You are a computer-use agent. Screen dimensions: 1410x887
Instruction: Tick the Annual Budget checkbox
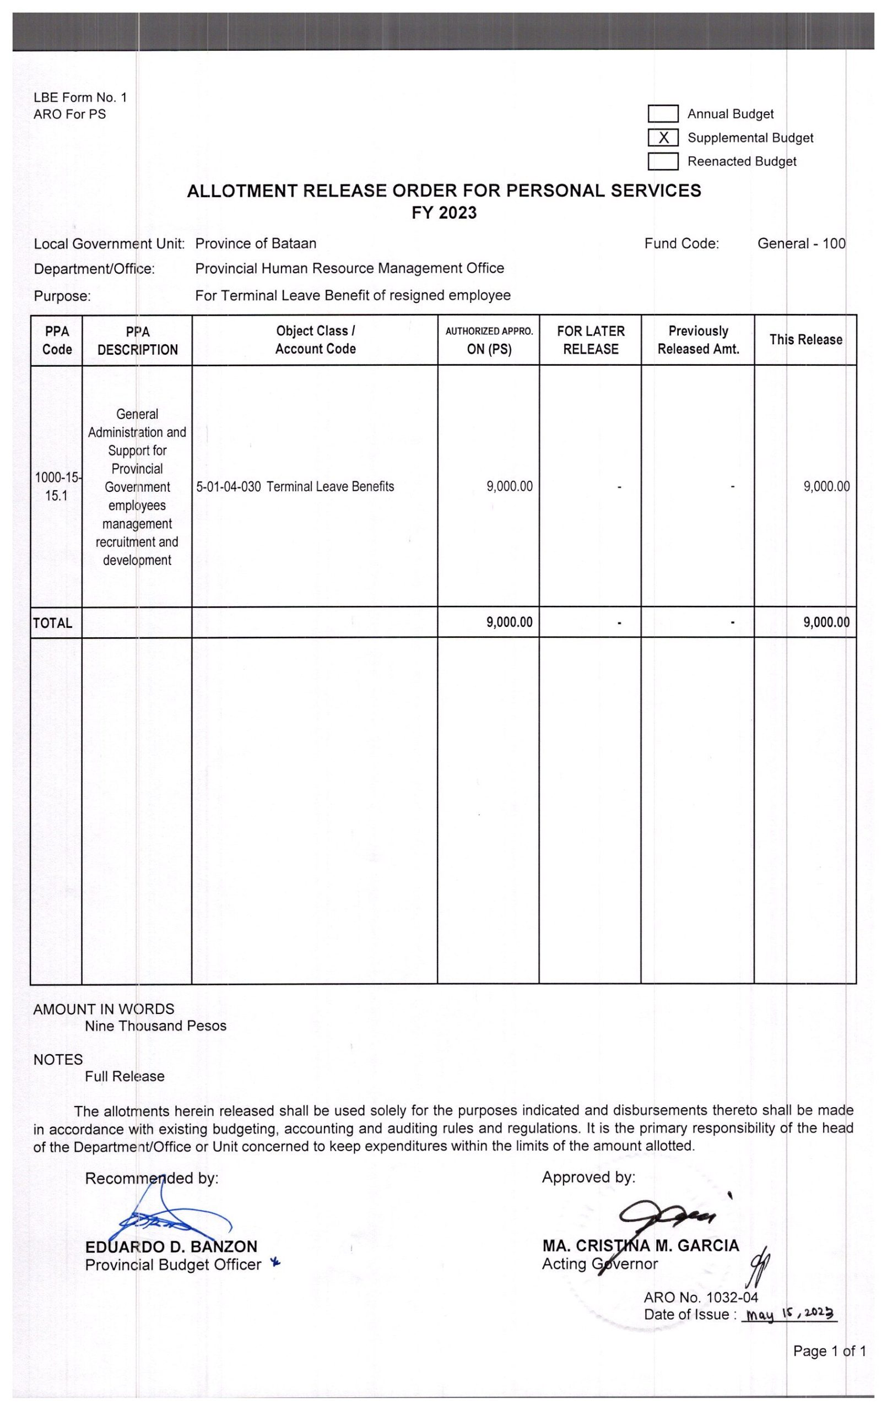click(663, 113)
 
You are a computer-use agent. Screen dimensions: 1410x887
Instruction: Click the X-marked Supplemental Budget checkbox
click(663, 138)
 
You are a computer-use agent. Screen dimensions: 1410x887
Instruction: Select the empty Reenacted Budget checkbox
click(663, 161)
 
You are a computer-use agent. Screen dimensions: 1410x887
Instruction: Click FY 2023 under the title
click(443, 213)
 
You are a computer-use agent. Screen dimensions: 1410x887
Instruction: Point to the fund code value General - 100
click(801, 243)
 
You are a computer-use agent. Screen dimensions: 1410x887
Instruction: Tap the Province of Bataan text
click(256, 243)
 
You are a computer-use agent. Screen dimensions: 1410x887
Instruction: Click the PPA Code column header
click(57, 340)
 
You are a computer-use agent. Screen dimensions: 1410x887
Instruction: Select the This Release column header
click(805, 340)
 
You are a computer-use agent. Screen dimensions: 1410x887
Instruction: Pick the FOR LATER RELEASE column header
click(591, 340)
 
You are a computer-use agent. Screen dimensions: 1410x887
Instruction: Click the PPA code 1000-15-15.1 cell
click(57, 486)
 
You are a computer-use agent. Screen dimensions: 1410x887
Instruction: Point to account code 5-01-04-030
click(229, 486)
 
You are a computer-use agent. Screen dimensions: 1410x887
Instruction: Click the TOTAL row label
click(53, 623)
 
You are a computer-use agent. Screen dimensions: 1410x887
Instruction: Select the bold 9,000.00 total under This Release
click(826, 622)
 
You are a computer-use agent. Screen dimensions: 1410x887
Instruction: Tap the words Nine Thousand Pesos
click(155, 1026)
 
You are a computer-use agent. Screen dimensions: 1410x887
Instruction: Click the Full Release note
click(124, 1076)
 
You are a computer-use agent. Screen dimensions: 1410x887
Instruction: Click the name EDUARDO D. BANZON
click(171, 1247)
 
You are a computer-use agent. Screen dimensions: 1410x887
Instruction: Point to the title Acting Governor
click(599, 1264)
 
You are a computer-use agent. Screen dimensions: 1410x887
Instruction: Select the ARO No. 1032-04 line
click(700, 1298)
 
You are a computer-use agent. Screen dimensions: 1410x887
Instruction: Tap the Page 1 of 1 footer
click(829, 1351)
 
